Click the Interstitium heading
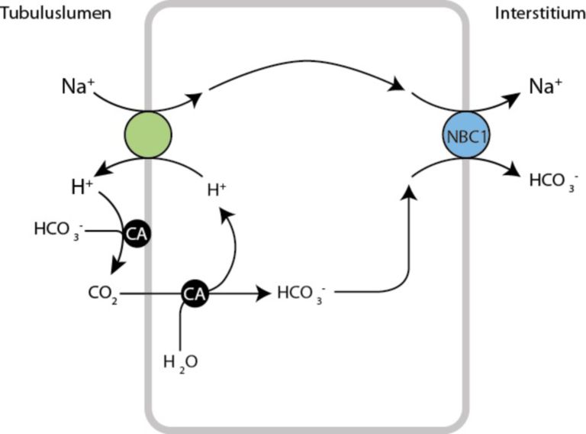click(x=539, y=13)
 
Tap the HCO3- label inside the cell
click(x=299, y=292)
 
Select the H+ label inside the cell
click(x=218, y=186)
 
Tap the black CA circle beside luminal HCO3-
click(x=138, y=233)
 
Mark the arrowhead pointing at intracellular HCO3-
click(x=264, y=292)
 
